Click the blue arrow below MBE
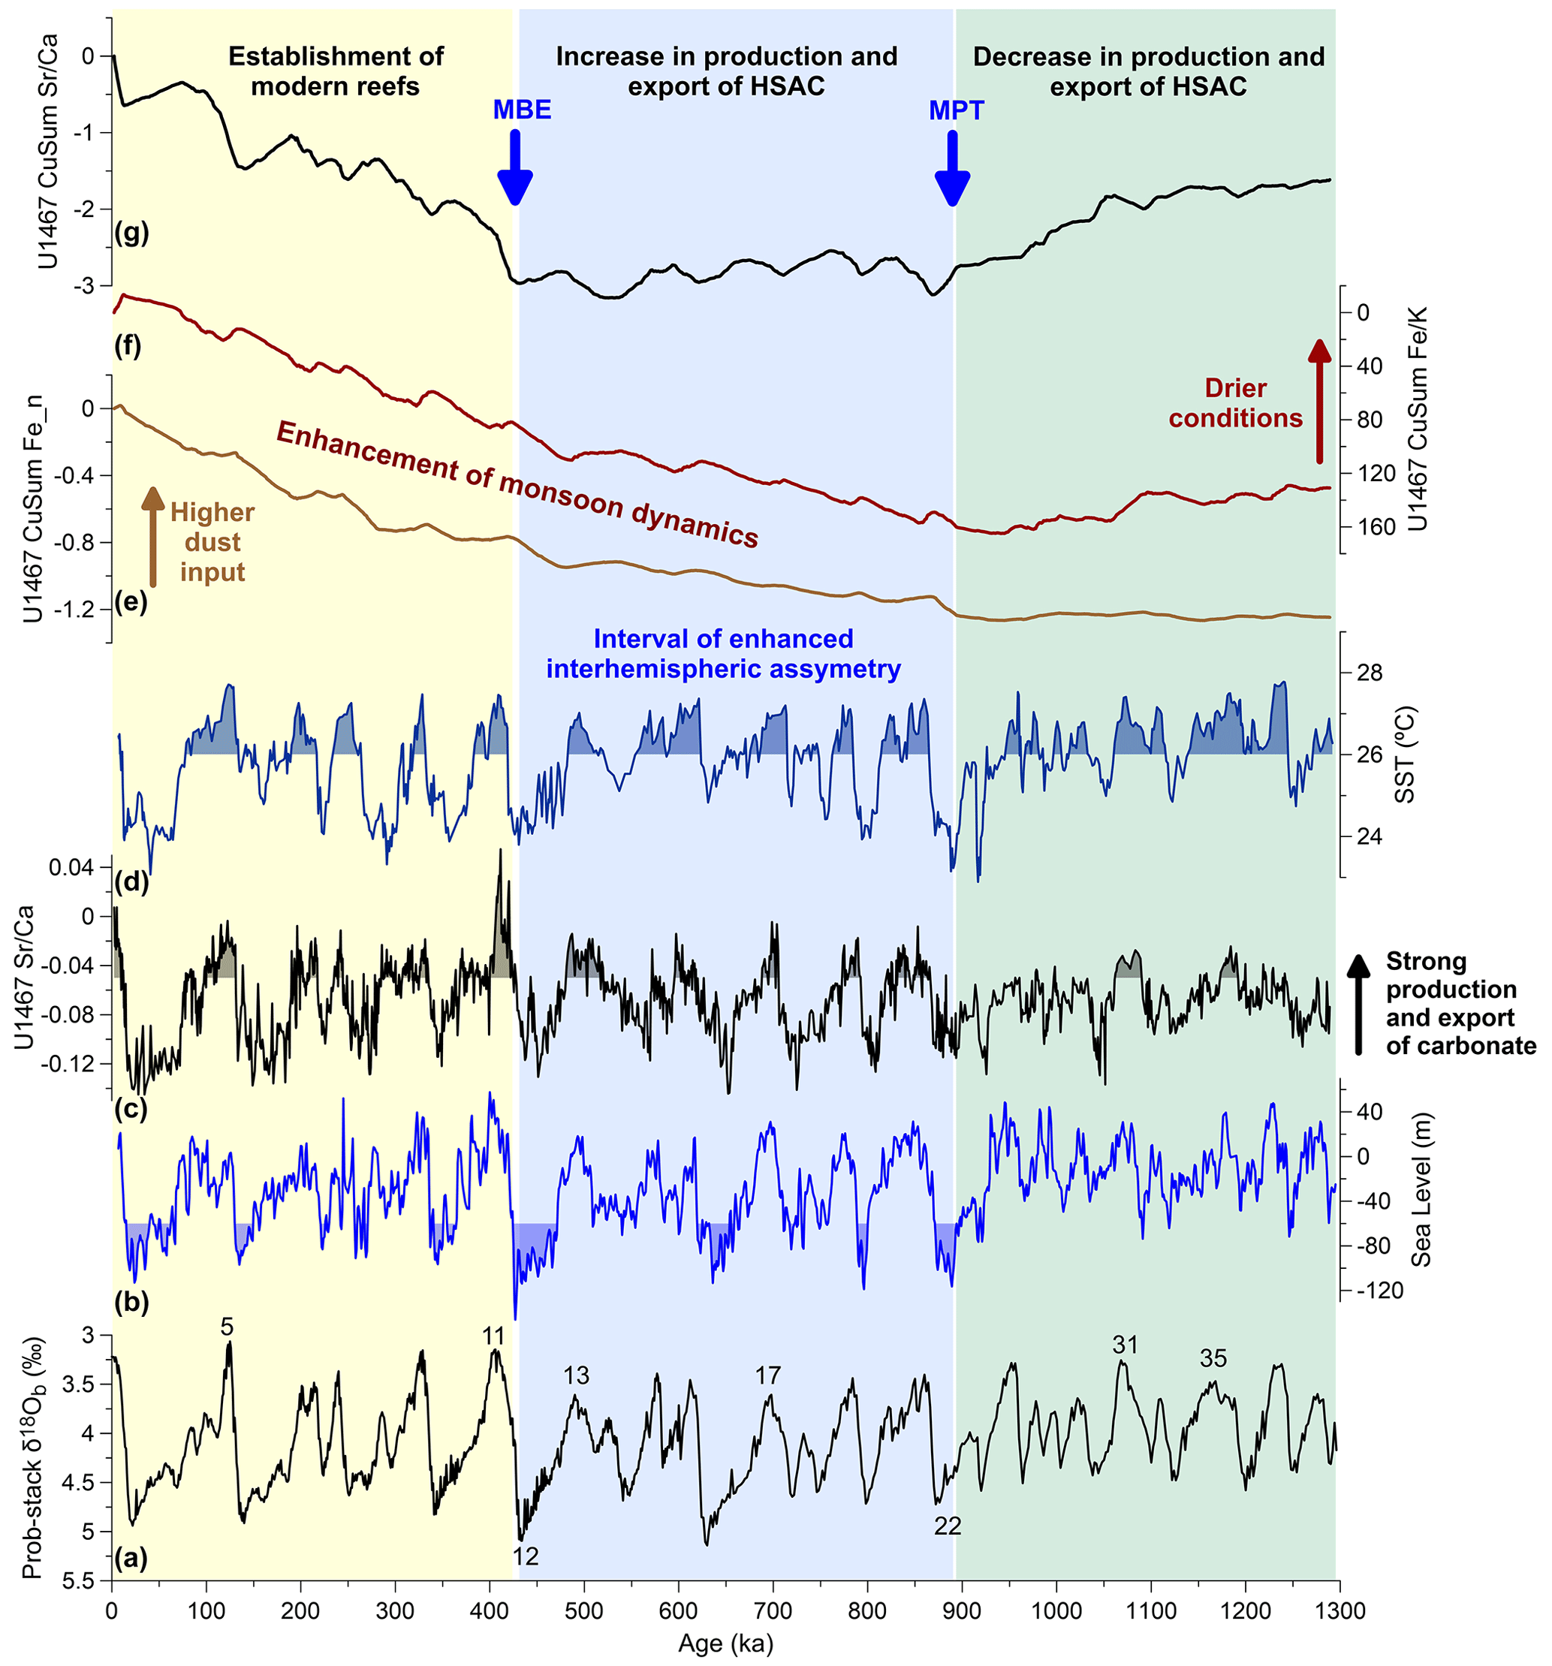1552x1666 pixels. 514,167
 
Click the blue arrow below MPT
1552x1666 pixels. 952,167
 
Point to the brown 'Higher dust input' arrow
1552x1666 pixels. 152,535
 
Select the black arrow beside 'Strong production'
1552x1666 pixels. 1359,1004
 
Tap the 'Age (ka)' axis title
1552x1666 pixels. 726,1643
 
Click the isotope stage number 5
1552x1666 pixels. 226,1327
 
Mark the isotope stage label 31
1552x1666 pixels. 1125,1345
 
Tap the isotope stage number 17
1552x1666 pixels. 767,1375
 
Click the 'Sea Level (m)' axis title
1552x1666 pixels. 1420,1190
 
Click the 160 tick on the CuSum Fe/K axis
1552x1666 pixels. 1376,527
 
